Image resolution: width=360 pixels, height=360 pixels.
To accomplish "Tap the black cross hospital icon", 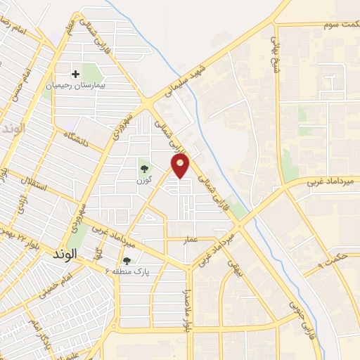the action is pos(76,73).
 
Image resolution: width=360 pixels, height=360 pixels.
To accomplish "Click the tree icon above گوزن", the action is pos(144,169).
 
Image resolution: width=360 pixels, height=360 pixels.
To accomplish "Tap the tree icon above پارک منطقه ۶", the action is pos(127,261).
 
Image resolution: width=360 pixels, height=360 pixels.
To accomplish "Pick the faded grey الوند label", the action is pos(13,129).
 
